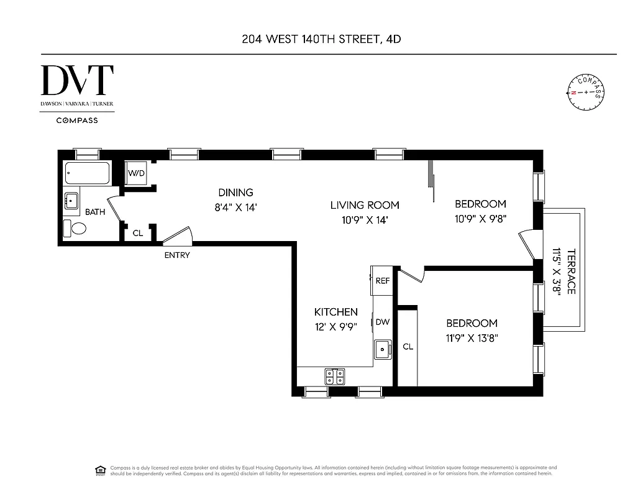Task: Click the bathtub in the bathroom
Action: [x=87, y=174]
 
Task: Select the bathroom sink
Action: [x=72, y=201]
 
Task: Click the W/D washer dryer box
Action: [x=137, y=173]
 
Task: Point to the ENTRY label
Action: [x=177, y=255]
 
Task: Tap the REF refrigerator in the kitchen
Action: [x=382, y=280]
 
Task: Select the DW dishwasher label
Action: [x=382, y=322]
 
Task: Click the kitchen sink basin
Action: [x=382, y=350]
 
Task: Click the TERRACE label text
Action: [x=571, y=271]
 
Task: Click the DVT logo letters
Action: [x=77, y=81]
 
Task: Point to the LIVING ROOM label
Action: [x=364, y=205]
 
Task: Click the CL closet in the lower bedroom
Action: [x=408, y=347]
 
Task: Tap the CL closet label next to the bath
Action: [x=138, y=234]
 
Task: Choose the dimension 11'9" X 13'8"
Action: [x=472, y=339]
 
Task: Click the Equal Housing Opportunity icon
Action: [x=99, y=470]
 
